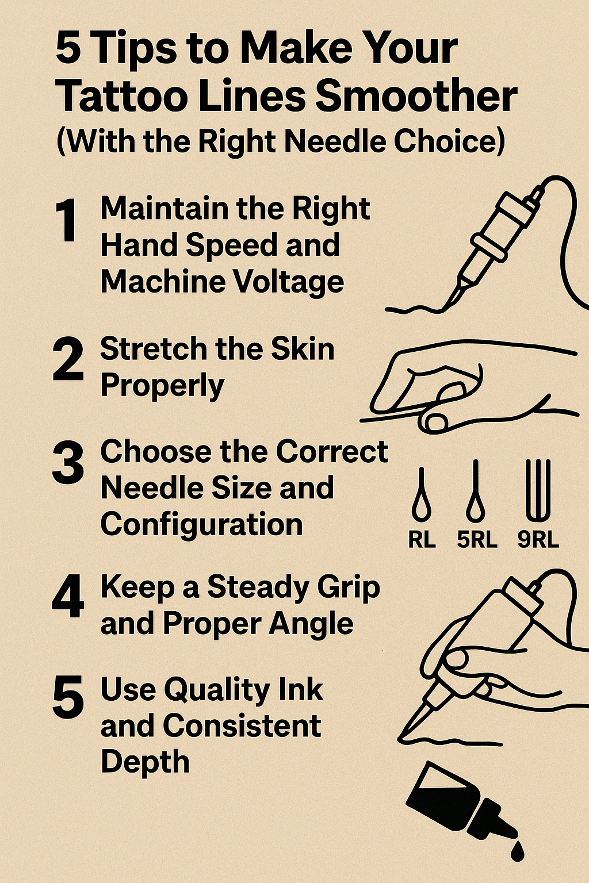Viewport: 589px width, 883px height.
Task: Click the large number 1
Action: [x=66, y=221]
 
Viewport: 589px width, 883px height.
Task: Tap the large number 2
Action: [x=68, y=359]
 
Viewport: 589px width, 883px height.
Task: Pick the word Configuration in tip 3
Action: [x=201, y=524]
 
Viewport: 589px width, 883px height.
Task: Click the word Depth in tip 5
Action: [x=145, y=762]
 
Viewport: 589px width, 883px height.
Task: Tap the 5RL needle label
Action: [x=477, y=540]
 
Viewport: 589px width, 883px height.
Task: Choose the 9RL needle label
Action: [x=538, y=540]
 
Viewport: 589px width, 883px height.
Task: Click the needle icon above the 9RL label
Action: [x=538, y=489]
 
